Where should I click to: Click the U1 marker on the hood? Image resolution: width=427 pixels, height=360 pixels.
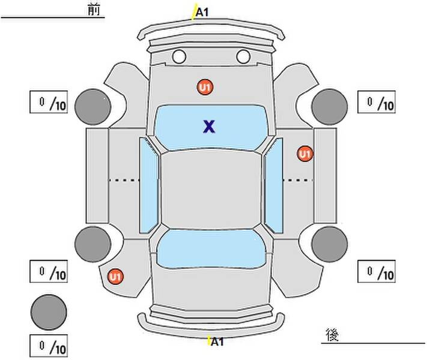[205, 88]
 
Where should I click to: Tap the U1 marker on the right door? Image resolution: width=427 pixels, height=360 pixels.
[305, 154]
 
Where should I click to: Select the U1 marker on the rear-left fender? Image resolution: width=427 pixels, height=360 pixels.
[115, 277]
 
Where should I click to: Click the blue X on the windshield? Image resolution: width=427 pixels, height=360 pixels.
[208, 126]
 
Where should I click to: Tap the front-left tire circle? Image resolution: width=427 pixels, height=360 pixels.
[92, 106]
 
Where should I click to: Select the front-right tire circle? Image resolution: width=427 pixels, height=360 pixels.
[330, 106]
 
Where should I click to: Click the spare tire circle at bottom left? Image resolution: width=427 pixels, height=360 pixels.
[49, 311]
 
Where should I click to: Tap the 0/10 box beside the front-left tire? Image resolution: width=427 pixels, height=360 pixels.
[49, 103]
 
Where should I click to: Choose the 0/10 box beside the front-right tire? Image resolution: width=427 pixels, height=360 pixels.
[377, 102]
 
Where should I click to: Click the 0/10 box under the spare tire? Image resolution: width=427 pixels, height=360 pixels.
[49, 346]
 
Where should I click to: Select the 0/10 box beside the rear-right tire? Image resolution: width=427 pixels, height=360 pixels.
[377, 271]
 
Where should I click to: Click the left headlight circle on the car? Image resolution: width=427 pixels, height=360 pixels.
[179, 57]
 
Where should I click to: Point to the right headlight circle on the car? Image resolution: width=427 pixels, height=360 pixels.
[243, 57]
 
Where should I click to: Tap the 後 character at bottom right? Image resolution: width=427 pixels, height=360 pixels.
[332, 335]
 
